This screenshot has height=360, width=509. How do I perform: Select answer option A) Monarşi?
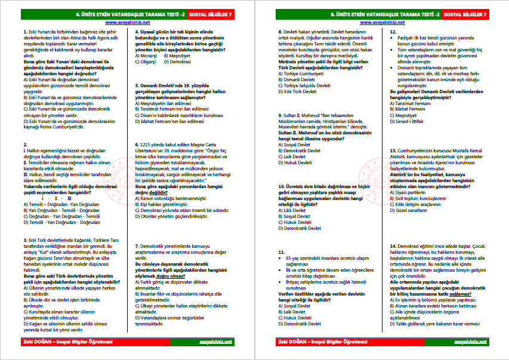click(146, 55)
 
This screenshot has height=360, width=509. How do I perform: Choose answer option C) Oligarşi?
click(146, 61)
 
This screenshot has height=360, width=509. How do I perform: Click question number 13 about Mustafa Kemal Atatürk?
click(393, 150)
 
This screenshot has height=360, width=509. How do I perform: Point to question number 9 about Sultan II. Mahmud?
click(282, 114)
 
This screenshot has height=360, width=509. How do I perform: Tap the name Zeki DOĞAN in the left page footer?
click(33, 342)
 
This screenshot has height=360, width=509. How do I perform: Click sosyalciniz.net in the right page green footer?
click(471, 342)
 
